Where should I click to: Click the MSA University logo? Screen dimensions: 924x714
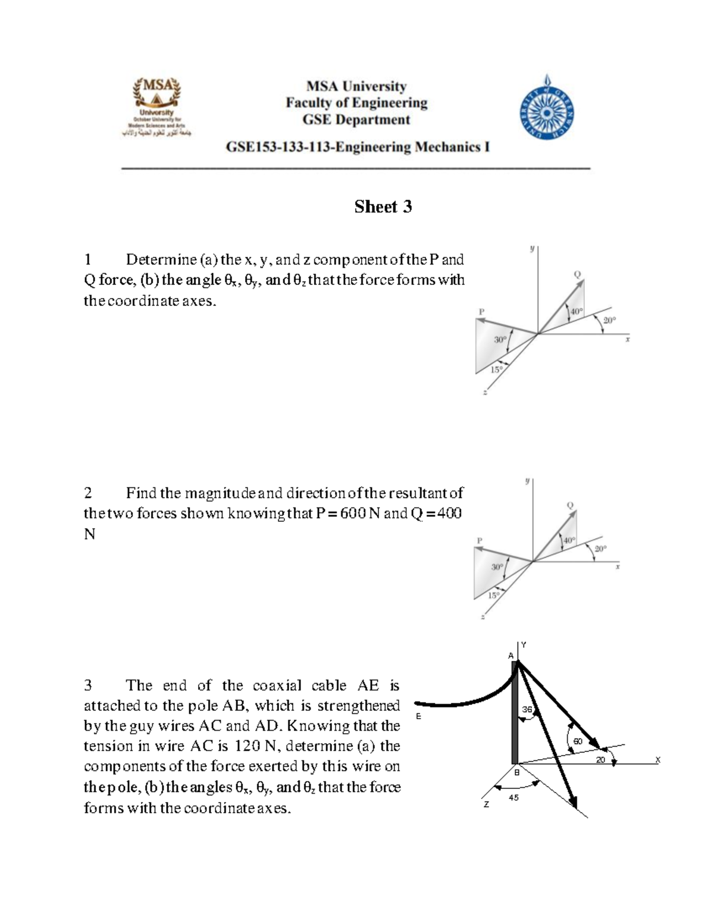point(157,107)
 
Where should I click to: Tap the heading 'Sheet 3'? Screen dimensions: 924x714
point(383,206)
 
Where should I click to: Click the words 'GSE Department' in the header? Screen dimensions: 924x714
point(356,120)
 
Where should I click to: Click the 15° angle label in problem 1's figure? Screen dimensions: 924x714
point(496,369)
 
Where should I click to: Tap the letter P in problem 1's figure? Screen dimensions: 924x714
point(481,311)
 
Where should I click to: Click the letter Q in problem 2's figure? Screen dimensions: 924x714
point(570,505)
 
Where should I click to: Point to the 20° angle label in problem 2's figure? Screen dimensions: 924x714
point(600,549)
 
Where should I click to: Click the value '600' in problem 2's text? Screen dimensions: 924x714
point(353,513)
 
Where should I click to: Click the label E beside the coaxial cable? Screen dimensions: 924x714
point(418,716)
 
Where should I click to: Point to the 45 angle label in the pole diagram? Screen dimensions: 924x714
point(513,798)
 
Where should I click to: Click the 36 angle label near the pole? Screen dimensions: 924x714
point(527,709)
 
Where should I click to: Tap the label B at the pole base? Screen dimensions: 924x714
point(516,772)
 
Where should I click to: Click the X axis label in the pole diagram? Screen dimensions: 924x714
point(657,760)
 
